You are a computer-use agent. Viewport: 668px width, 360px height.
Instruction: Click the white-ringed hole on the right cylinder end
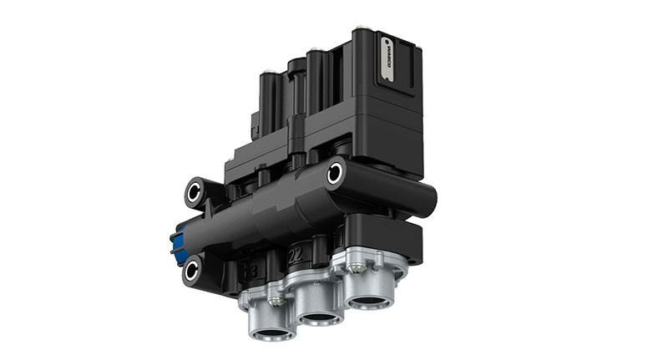pos(336,173)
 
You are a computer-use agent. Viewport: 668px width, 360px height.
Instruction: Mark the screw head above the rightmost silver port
pos(357,267)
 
